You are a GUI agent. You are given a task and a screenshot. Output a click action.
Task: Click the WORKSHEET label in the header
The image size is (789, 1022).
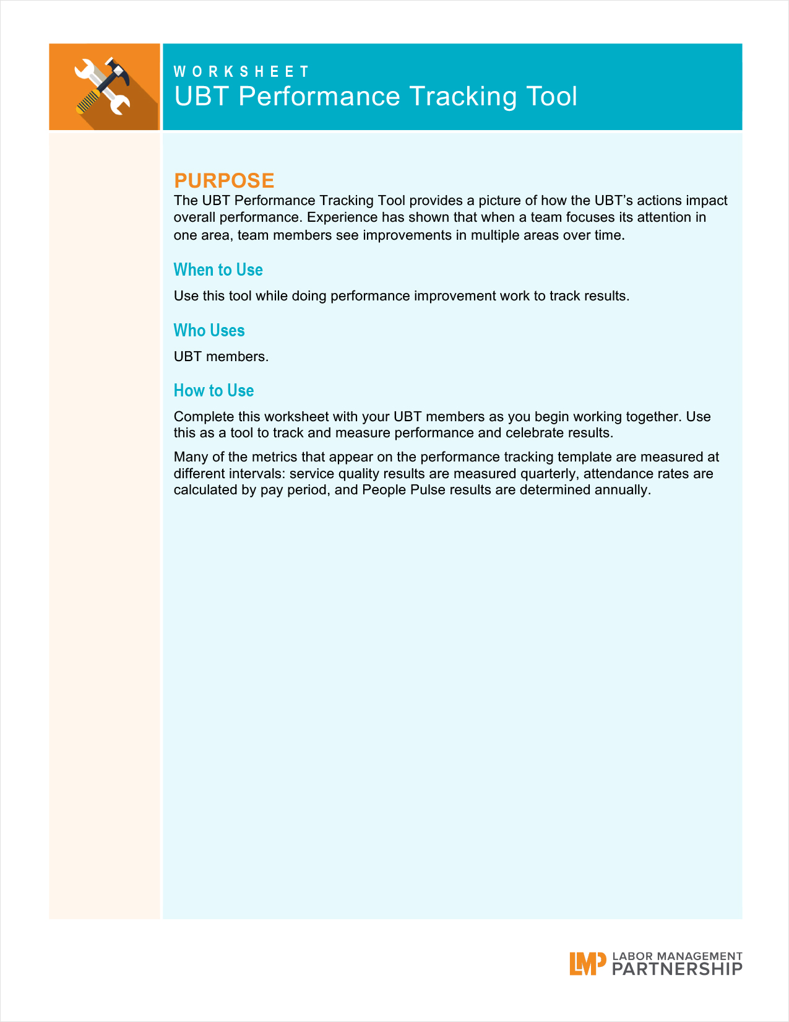(x=241, y=72)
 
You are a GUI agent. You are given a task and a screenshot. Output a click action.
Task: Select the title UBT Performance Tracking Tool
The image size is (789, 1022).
(x=376, y=97)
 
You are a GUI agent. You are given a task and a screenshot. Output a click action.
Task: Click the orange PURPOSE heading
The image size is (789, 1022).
(x=224, y=180)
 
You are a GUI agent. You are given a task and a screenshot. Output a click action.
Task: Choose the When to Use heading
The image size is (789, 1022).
(x=218, y=270)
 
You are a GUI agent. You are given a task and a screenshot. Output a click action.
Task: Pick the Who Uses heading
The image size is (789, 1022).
(x=209, y=331)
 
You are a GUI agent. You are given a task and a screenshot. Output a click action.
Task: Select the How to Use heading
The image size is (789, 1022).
(x=213, y=391)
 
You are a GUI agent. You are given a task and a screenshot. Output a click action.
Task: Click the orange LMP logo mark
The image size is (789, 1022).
(x=587, y=963)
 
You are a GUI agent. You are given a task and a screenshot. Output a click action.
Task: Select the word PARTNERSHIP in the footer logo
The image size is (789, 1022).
(x=677, y=969)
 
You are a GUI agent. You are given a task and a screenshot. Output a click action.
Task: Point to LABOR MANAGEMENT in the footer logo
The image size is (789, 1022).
(x=677, y=956)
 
